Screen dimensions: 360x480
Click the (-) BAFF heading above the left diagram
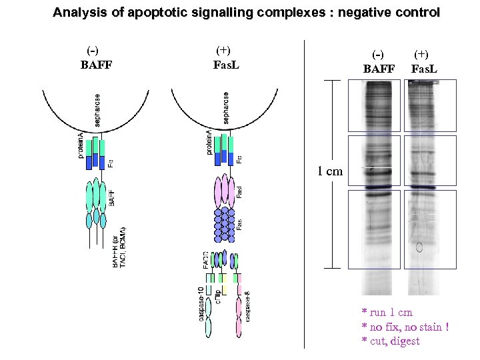coord(96,58)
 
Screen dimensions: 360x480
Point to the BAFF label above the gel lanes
coord(379,69)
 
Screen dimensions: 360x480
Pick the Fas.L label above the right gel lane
coord(424,69)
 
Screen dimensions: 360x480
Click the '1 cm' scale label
coord(330,171)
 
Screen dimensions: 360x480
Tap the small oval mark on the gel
coord(420,248)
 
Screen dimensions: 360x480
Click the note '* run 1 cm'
coord(387,312)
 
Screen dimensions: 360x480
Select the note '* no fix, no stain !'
coord(405,327)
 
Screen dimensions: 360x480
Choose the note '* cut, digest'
coord(391,341)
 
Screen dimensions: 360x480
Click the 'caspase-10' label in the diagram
coord(201,303)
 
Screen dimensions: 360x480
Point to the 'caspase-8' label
coord(247,307)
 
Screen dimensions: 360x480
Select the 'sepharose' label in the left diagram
coord(98,109)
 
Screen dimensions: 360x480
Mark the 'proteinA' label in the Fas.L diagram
coord(209,142)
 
